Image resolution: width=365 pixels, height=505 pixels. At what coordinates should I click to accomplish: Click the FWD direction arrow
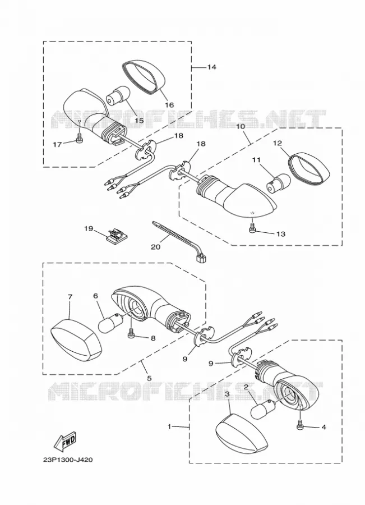point(66,440)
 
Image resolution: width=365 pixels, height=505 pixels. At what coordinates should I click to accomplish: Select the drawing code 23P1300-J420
point(68,460)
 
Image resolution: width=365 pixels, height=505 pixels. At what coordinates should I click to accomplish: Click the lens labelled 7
point(77,339)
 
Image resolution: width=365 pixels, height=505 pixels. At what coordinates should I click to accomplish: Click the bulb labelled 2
point(262,408)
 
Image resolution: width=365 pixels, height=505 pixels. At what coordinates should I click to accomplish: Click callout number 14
point(211,67)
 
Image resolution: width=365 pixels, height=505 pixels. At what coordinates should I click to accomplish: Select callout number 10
point(241,126)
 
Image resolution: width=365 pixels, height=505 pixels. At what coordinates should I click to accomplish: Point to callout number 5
point(149,378)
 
